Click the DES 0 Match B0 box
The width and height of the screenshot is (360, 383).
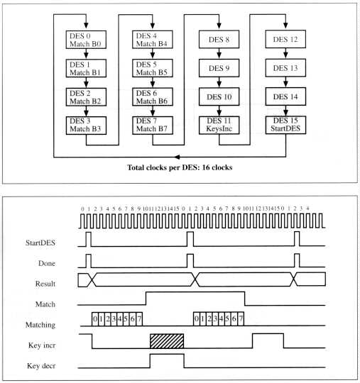(x=86, y=40)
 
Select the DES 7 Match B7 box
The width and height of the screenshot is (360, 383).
(x=153, y=126)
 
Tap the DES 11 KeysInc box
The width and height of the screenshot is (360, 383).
(x=219, y=125)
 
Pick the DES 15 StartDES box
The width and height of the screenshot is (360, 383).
(x=285, y=125)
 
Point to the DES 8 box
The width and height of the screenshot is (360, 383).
(x=219, y=39)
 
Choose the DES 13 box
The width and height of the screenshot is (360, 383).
(x=285, y=67)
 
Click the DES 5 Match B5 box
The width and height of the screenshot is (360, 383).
(x=153, y=68)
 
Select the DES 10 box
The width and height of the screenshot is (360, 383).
(x=219, y=96)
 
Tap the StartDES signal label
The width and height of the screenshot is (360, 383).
(x=40, y=243)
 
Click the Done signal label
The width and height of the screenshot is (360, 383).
(x=47, y=263)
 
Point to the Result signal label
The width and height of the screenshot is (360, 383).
(x=45, y=284)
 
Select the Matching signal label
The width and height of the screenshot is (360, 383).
(x=40, y=325)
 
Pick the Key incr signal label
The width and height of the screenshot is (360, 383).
(x=42, y=345)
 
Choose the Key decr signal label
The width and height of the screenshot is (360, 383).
(x=41, y=366)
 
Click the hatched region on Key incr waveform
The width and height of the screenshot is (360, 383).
(x=167, y=341)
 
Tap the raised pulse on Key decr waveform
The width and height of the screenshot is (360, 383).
(x=167, y=360)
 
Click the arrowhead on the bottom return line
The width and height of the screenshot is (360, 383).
(x=177, y=157)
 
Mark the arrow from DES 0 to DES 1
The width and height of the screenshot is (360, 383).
(x=86, y=54)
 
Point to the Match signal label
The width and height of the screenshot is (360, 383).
(x=45, y=304)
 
